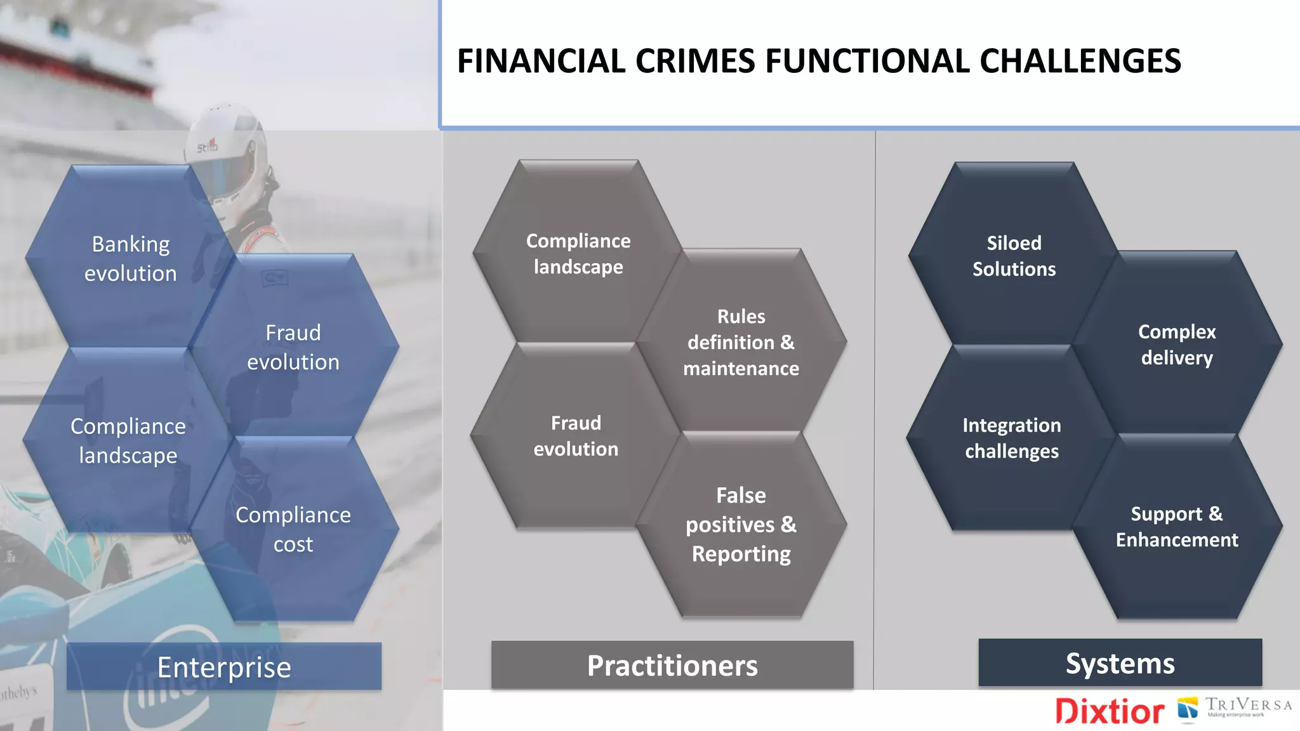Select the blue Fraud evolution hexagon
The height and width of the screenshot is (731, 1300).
[293, 346]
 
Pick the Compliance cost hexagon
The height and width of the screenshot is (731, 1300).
[293, 529]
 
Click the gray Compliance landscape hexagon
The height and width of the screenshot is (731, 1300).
[578, 253]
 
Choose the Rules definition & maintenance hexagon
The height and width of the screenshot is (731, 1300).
[741, 342]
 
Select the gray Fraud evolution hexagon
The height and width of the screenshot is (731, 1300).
[576, 435]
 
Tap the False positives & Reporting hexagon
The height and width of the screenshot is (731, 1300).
[741, 524]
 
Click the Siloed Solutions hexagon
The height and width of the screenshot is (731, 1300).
[1014, 255]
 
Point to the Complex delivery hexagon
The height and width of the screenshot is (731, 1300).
[1177, 344]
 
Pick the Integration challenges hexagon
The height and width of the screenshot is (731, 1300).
[1012, 437]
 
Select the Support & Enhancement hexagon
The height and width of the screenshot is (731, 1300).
[1177, 526]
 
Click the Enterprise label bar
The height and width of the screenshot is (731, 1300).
[224, 666]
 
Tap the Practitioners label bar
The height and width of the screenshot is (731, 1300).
[672, 665]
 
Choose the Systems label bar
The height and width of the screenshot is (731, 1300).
[1120, 662]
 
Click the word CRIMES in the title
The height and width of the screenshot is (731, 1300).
[695, 62]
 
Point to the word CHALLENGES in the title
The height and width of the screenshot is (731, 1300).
[1080, 62]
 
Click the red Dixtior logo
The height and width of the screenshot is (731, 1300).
[1110, 711]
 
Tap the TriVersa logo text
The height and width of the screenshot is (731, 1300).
[1248, 705]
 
